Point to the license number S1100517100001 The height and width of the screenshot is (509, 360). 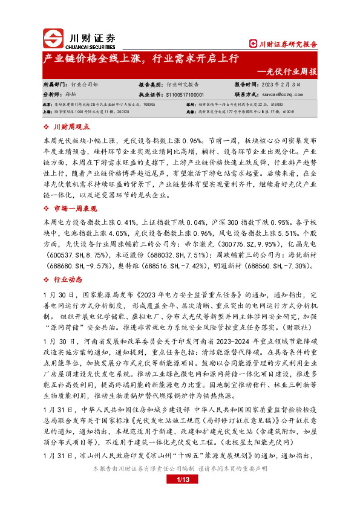point(180,95)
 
